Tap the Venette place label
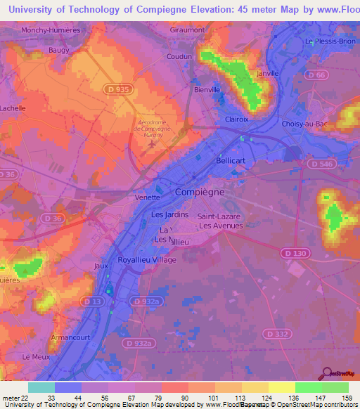[148, 198]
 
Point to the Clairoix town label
[237, 119]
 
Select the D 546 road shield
[320, 163]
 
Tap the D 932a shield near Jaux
[150, 301]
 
